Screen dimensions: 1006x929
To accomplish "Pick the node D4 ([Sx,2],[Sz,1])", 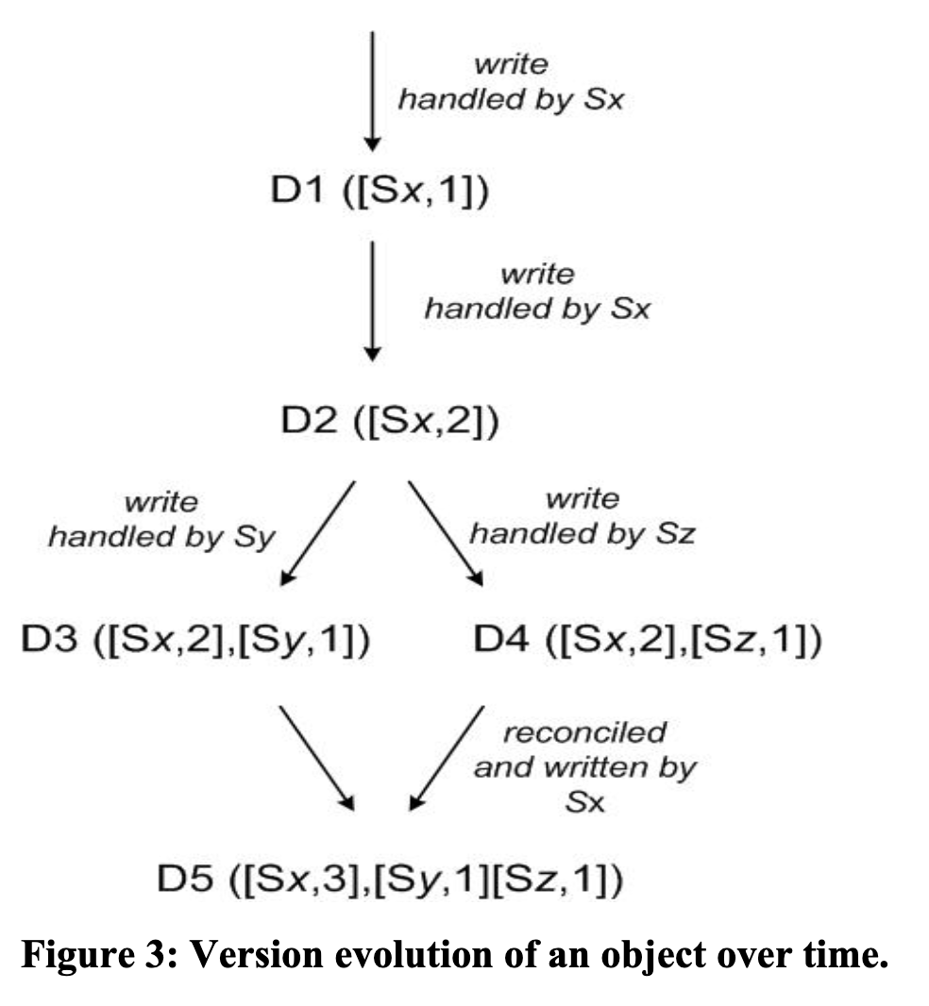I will click(647, 644).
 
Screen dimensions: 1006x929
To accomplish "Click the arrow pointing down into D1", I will click(373, 90).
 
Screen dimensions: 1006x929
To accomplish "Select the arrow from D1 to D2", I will click(373, 299).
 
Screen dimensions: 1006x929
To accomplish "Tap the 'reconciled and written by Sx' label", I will click(583, 766).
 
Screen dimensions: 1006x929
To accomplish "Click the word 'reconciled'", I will click(583, 732).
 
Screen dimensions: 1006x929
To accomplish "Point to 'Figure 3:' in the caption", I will click(99, 955).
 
